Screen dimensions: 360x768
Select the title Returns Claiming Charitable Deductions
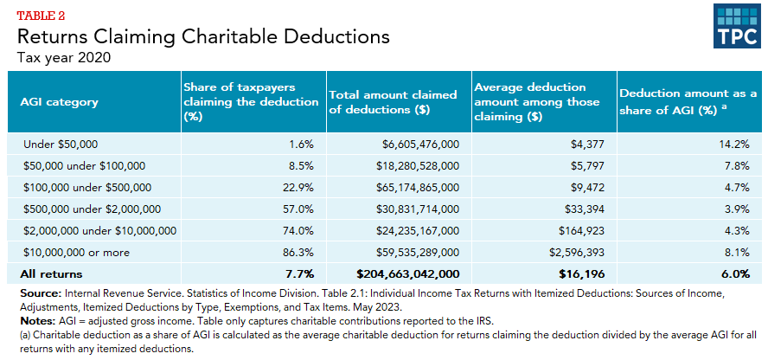coord(203,38)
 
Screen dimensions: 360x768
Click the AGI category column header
coord(59,101)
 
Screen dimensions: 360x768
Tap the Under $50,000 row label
coord(54,144)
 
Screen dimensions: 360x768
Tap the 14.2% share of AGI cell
coord(732,144)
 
